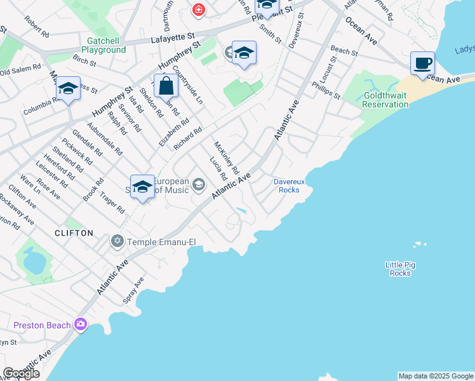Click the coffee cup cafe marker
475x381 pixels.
pos(422,63)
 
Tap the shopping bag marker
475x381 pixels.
pos(166,86)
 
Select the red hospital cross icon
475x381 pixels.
pos(199,10)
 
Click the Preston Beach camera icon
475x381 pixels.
pos(81,324)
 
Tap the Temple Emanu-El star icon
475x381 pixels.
pos(117,241)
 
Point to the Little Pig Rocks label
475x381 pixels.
pos(400,269)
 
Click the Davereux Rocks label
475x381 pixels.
pos(286,185)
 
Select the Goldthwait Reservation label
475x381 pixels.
pos(385,100)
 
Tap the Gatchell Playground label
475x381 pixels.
pos(102,45)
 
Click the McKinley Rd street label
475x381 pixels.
pos(225,157)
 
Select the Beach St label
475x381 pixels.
pos(344,50)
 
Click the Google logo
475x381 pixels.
pos(21,373)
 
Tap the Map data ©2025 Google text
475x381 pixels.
pos(435,376)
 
